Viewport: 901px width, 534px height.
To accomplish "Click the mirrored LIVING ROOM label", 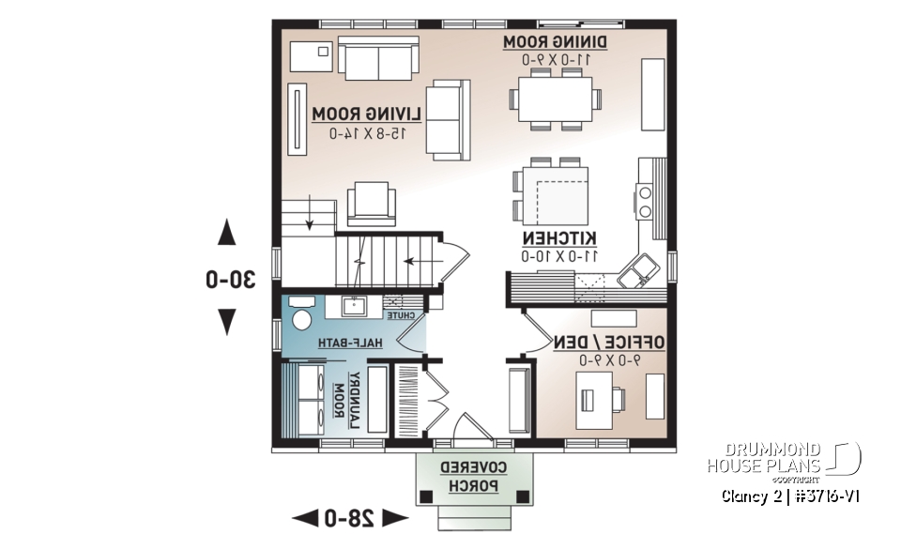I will coord(367,114).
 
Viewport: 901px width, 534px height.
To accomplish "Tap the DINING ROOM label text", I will coord(556,42).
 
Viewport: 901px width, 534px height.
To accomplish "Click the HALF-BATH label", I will coord(350,343).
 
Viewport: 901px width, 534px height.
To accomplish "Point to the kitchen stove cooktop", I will coord(646,201).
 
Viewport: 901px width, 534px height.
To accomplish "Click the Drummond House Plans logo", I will coord(783,459).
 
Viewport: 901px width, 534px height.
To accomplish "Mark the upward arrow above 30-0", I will coord(226,232).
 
